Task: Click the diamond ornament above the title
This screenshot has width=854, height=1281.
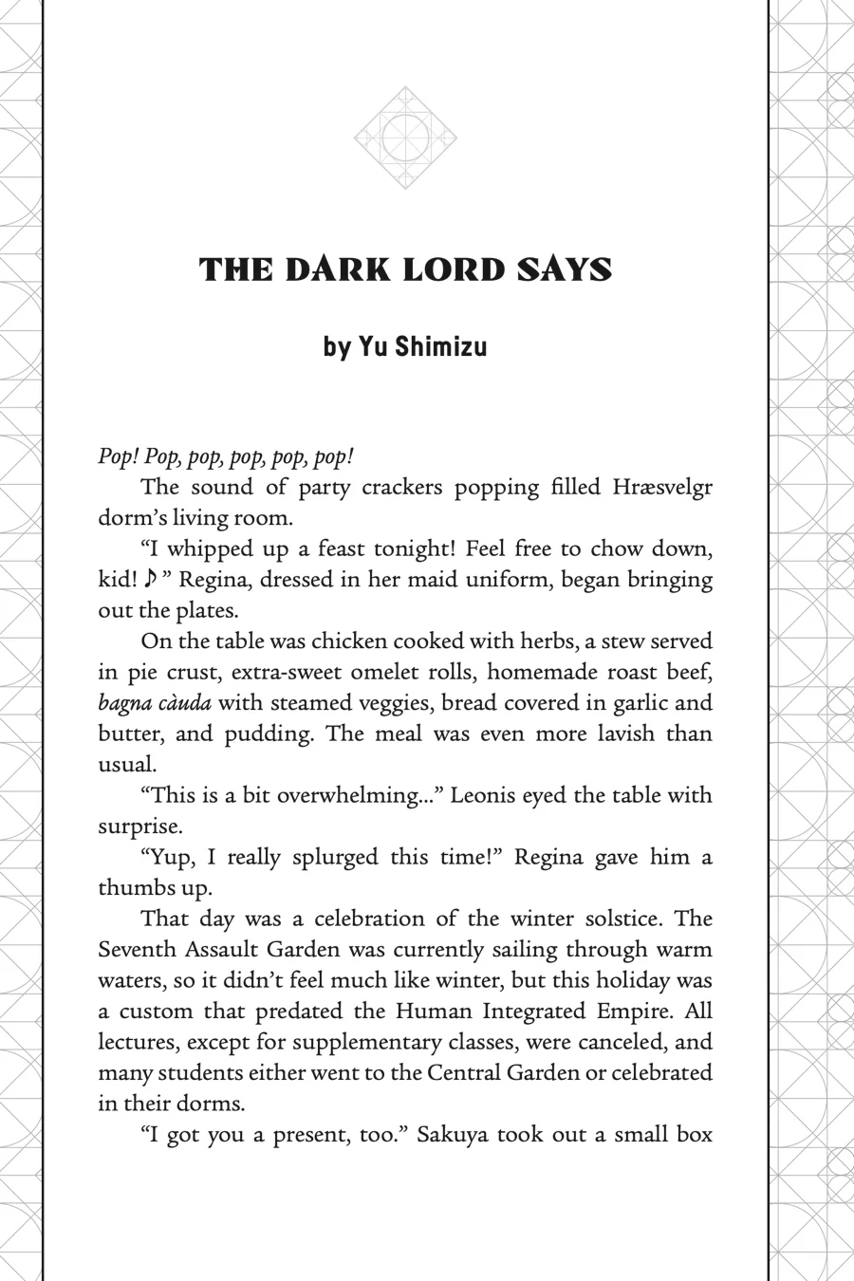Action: point(406,139)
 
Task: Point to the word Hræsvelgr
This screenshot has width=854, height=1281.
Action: point(662,487)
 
